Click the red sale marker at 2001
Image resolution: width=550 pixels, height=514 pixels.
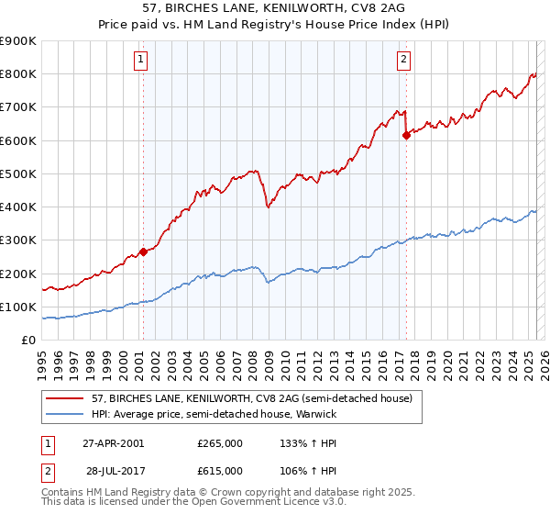[x=143, y=251]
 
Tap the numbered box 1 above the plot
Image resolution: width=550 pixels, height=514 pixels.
[x=141, y=61]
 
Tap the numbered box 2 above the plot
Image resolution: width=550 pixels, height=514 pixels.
[x=403, y=61]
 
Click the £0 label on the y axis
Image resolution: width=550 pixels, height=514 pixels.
[x=27, y=341]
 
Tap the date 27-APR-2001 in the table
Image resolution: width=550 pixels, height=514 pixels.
[x=113, y=443]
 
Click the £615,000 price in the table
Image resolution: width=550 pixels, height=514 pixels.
[x=220, y=471]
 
